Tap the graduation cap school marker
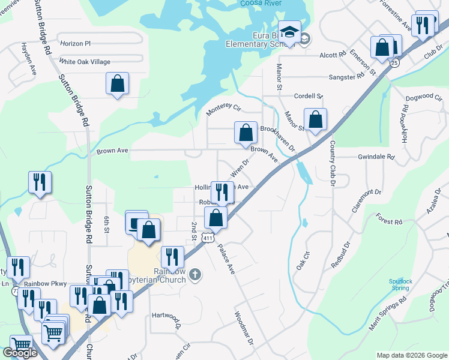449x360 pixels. point(289,34)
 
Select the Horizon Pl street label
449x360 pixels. point(75,44)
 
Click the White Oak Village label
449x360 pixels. point(85,62)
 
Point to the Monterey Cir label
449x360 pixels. point(223,109)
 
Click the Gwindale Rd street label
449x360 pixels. point(376,157)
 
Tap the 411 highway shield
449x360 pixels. point(208,238)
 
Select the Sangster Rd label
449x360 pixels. point(347,77)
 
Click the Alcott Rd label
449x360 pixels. point(333,54)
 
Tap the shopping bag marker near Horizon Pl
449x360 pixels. point(117,84)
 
